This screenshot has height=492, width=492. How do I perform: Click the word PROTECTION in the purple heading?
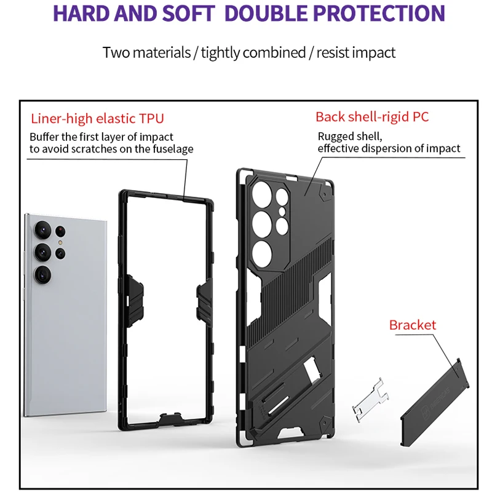(x=379, y=14)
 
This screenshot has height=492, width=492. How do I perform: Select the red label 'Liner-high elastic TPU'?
(x=97, y=119)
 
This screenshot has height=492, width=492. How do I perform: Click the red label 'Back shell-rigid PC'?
(x=372, y=117)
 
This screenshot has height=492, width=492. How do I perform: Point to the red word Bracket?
(x=413, y=325)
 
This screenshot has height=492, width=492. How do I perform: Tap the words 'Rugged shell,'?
(x=350, y=137)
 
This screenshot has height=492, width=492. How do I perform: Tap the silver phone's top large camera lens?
(x=42, y=229)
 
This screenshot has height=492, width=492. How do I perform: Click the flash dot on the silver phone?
(x=60, y=242)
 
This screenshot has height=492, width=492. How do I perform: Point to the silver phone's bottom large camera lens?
(x=42, y=275)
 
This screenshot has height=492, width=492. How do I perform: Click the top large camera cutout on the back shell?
(x=262, y=194)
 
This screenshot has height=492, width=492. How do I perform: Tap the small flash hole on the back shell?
(x=282, y=212)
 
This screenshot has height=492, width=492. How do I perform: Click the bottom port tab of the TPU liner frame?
(x=170, y=419)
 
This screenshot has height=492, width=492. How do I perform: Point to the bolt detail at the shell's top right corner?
(x=324, y=195)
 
